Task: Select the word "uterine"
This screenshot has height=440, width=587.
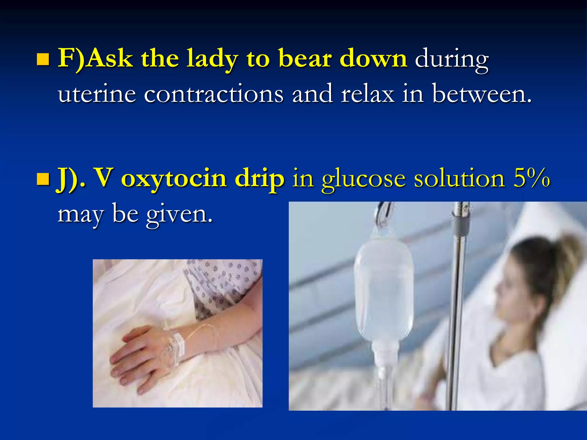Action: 97,94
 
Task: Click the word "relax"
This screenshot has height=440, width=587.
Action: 367,94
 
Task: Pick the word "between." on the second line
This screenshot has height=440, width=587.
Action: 482,94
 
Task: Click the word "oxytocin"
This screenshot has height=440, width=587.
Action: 174,179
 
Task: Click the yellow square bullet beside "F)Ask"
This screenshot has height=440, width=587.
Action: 43,60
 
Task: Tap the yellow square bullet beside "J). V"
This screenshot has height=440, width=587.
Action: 43,179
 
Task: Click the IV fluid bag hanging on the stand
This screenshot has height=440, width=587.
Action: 383,289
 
